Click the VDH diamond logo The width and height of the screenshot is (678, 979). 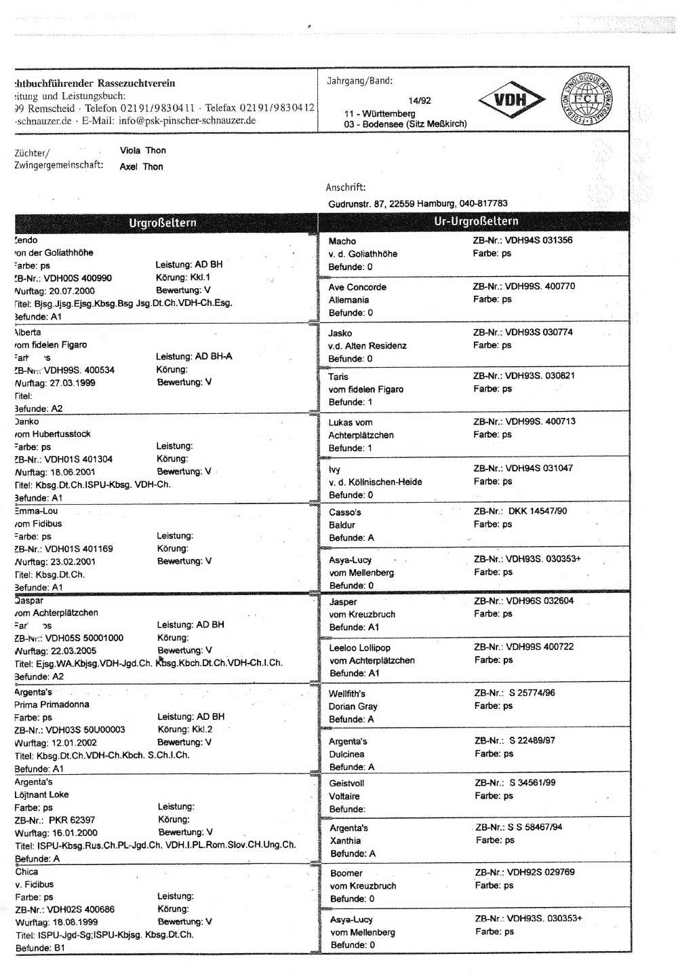click(x=511, y=100)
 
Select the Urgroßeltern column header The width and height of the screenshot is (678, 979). click(x=163, y=223)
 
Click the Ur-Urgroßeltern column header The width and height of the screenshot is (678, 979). click(x=476, y=221)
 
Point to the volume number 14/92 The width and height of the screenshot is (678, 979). click(x=420, y=100)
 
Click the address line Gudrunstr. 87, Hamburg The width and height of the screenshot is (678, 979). click(x=418, y=204)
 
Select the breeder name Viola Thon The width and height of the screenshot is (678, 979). click(x=143, y=151)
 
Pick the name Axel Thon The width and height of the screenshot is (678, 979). click(x=141, y=167)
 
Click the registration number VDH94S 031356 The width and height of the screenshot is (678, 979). click(x=538, y=240)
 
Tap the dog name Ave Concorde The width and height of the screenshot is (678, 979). click(x=357, y=287)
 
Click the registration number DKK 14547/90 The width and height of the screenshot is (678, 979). click(x=538, y=511)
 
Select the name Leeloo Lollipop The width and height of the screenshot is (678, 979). click(x=359, y=648)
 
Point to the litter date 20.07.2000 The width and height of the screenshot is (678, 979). click(x=72, y=291)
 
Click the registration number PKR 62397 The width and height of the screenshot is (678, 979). click(x=72, y=820)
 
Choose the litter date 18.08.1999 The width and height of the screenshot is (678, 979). click(x=75, y=923)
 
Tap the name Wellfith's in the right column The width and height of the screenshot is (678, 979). click(x=347, y=694)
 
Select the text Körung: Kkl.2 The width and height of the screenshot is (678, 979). click(x=185, y=730)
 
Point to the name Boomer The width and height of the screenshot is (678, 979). click(x=346, y=873)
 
